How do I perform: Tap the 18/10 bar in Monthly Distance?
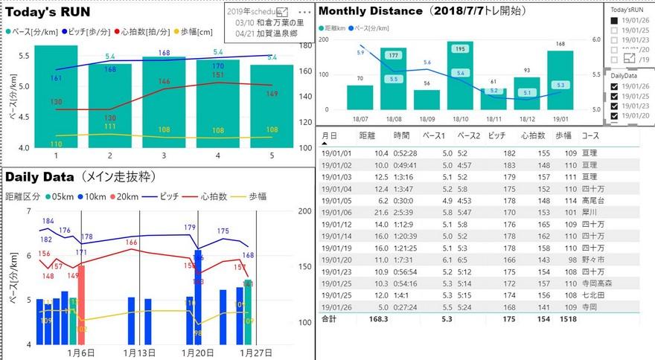click(x=460, y=75)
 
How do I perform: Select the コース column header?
click(x=590, y=136)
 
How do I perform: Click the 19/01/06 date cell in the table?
click(x=335, y=212)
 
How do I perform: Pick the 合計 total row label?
click(x=329, y=318)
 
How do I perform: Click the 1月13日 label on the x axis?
click(x=139, y=353)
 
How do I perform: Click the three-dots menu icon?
click(x=304, y=13)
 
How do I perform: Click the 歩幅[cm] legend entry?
click(x=195, y=32)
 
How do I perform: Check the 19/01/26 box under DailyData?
click(x=614, y=86)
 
